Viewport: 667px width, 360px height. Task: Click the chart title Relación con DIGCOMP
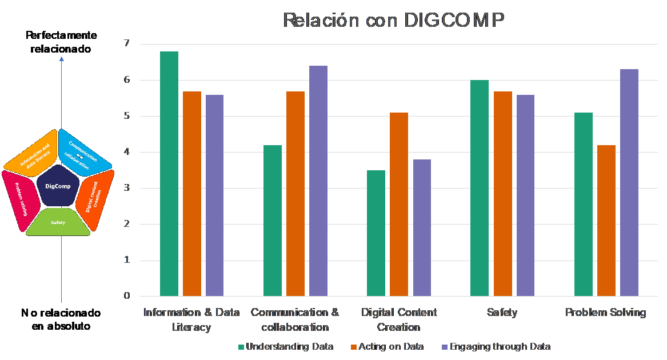[x=394, y=20]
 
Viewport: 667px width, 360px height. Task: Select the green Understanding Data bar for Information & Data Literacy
[x=169, y=174]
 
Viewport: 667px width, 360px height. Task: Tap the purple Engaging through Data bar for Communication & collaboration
[x=318, y=181]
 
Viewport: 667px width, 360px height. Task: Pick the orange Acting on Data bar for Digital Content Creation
[x=399, y=205]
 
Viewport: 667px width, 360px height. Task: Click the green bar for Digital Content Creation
[x=376, y=233]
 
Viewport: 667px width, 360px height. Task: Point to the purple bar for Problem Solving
[x=629, y=183]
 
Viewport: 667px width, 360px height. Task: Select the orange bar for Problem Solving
[x=606, y=221]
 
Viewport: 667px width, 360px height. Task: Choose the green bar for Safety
[x=480, y=188]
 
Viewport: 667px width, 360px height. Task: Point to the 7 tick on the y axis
[x=127, y=43]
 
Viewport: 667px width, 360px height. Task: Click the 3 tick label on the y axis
[x=127, y=188]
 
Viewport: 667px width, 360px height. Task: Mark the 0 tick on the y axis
[x=127, y=296]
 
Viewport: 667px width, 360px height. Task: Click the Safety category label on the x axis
[x=502, y=313]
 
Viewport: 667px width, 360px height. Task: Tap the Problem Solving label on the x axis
[x=605, y=313]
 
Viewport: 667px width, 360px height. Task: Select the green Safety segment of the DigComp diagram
[x=58, y=223]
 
